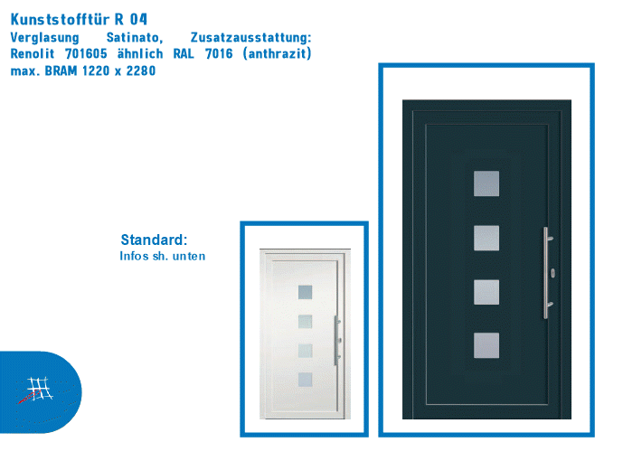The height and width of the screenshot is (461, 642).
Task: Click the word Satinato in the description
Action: (x=134, y=38)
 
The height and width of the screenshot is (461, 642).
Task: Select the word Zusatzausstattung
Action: (x=251, y=38)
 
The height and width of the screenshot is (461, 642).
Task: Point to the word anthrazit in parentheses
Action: (x=276, y=54)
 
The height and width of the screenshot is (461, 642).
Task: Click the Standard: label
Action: (x=154, y=240)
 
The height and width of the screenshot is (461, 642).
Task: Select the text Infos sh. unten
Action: (x=163, y=257)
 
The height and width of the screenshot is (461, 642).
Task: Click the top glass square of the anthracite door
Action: (x=486, y=183)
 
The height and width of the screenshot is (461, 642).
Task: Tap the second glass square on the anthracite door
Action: (x=486, y=238)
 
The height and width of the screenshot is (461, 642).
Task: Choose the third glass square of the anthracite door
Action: (x=486, y=292)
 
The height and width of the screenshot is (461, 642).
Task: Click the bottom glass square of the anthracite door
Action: (x=486, y=345)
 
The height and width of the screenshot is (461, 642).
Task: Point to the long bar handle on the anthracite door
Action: (x=545, y=272)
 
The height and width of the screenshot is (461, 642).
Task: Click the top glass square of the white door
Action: (x=305, y=292)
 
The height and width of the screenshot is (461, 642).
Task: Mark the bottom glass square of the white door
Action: (x=305, y=380)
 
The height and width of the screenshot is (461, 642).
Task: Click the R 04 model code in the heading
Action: (x=131, y=19)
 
